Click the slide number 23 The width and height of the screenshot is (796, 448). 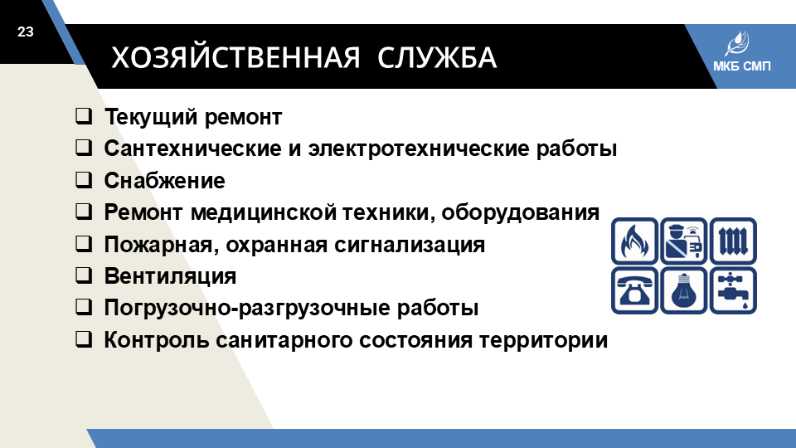tap(26, 32)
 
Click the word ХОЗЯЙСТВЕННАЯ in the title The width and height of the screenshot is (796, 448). tap(235, 57)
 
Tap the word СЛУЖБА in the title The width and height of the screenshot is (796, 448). tap(437, 57)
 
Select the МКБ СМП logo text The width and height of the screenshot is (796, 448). tap(741, 66)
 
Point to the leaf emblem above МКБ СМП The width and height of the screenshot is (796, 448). tap(737, 44)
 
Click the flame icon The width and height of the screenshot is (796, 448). tap(634, 241)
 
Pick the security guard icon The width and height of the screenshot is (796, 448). tap(684, 241)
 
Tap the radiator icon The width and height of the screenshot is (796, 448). tap(733, 241)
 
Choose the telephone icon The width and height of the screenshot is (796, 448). tap(634, 290)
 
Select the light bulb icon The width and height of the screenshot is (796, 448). tap(684, 290)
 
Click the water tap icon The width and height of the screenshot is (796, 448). tap(733, 290)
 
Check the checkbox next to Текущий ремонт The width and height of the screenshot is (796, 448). tap(84, 116)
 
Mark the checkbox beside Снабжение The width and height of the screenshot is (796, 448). tap(84, 180)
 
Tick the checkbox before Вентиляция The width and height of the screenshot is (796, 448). tap(84, 275)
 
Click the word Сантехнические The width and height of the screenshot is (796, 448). tap(193, 149)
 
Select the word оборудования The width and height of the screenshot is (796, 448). tap(521, 213)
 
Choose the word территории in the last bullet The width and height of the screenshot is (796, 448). tap(543, 340)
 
